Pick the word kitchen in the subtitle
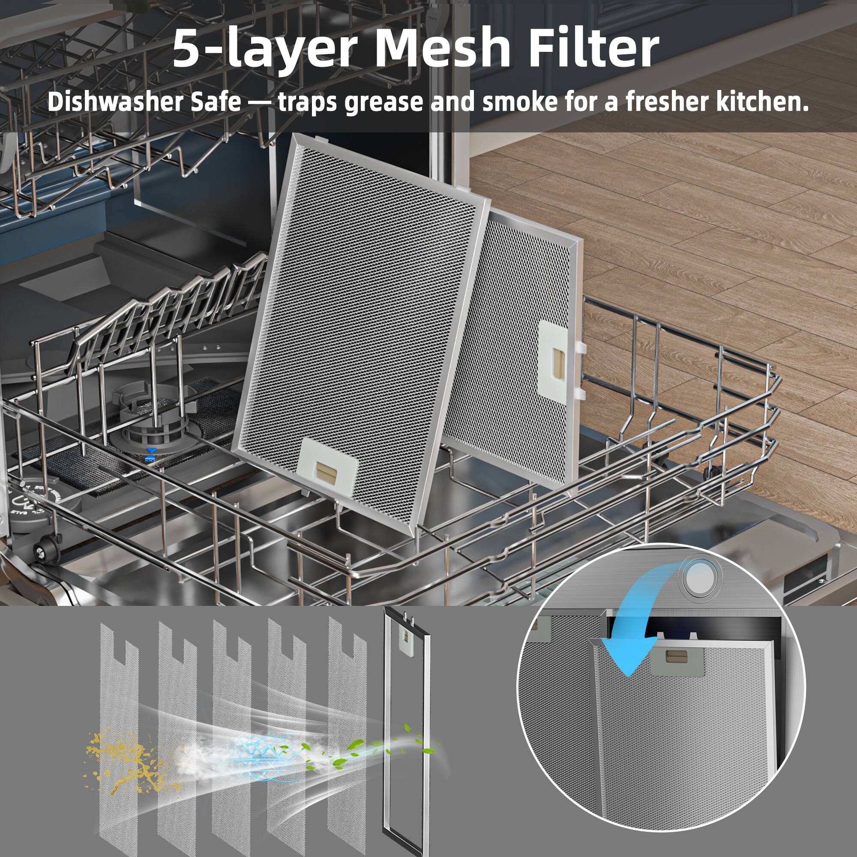pyautogui.click(x=754, y=102)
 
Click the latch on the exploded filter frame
pyautogui.click(x=405, y=638)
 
